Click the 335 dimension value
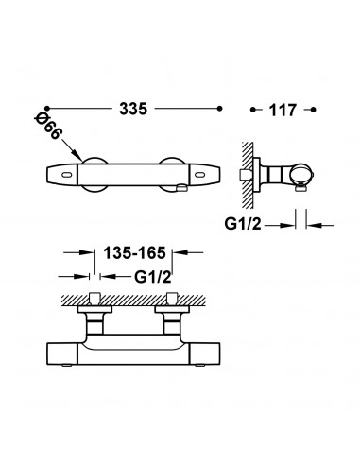(133, 109)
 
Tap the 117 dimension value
(283, 111)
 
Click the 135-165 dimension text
(134, 253)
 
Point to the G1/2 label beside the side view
(243, 224)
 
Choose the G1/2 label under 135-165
(153, 277)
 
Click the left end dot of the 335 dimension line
(47, 109)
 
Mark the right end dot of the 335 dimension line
(220, 109)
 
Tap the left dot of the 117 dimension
(252, 110)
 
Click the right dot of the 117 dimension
(313, 110)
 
